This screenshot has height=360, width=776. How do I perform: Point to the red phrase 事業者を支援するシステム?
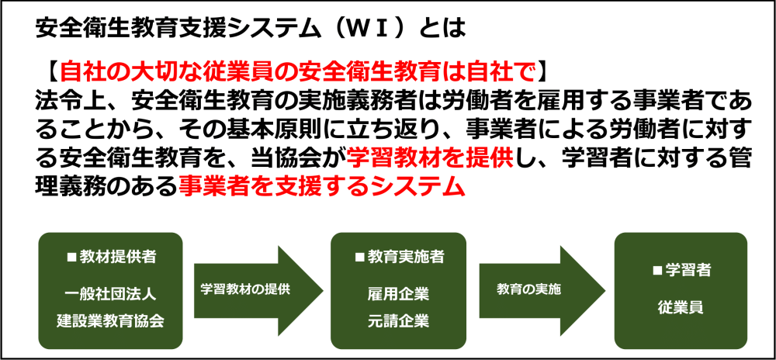click(x=322, y=186)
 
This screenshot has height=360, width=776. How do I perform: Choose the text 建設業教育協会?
click(x=110, y=320)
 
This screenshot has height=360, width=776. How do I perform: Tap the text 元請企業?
click(x=398, y=320)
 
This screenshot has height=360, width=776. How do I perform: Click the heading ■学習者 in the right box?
click(x=681, y=271)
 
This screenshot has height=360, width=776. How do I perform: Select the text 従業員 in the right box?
click(x=681, y=307)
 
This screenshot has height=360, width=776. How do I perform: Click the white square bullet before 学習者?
click(x=657, y=271)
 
